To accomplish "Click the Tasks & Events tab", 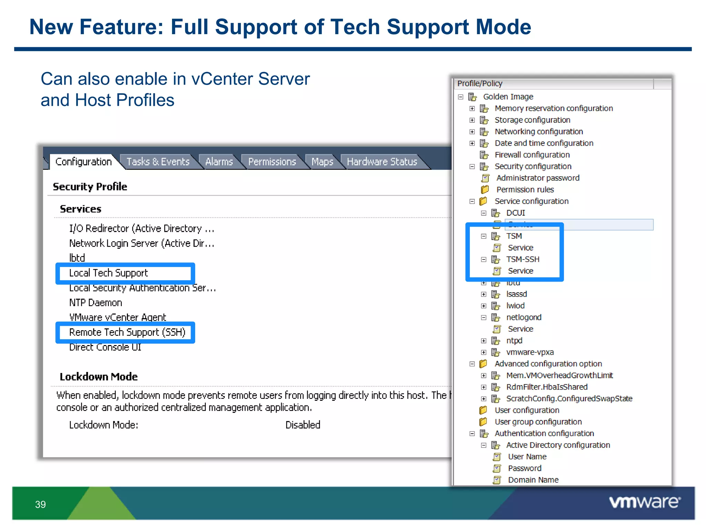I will [x=158, y=162].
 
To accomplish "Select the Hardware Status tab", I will [x=382, y=162].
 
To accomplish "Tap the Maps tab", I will [x=322, y=162].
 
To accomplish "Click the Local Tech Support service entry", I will [x=108, y=273].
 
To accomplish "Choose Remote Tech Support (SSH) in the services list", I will [x=127, y=332].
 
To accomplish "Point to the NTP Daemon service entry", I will [x=95, y=303].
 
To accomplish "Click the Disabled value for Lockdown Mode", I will [x=303, y=425].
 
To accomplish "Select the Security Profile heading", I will [x=90, y=187].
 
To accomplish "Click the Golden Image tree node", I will [x=508, y=97].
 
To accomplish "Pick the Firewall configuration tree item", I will [x=532, y=155].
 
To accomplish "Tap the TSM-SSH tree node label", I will [x=523, y=259].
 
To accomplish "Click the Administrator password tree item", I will [x=537, y=178].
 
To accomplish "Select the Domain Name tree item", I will [x=533, y=480].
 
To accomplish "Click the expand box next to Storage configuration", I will [x=472, y=120].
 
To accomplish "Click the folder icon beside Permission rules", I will [x=485, y=190].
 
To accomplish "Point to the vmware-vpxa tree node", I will [x=529, y=352].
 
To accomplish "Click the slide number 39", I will [x=40, y=504].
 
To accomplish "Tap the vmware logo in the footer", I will [x=645, y=502].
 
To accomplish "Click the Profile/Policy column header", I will [x=480, y=84].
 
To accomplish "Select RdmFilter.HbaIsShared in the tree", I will [x=547, y=387].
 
